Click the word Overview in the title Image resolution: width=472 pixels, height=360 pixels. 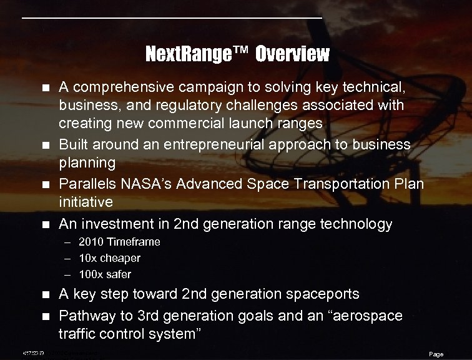[292, 54]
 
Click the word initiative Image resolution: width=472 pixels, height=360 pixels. [86, 201]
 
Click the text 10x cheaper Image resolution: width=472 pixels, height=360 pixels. [109, 257]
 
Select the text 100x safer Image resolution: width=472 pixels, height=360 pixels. [105, 274]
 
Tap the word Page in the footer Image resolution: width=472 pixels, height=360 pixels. [436, 354]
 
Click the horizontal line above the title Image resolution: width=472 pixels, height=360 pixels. [172, 19]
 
